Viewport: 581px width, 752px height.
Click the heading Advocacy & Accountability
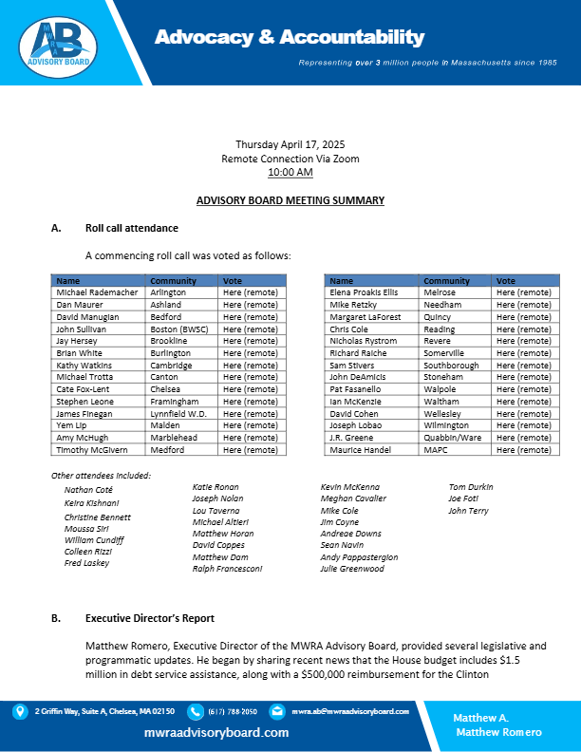pos(290,38)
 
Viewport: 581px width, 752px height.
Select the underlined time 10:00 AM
pos(290,173)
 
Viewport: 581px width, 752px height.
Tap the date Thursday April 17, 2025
pos(290,144)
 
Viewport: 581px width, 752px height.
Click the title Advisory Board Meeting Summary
pos(290,200)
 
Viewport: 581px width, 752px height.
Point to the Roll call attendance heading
pos(131,229)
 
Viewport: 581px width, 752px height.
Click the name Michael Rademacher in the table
pos(97,292)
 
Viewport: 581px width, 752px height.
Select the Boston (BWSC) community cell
pos(181,329)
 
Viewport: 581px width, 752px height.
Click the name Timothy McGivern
pos(93,450)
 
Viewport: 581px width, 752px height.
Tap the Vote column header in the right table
pos(506,281)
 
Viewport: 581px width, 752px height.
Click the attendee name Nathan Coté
pos(88,489)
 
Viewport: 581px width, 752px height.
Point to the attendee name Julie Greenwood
pos(352,569)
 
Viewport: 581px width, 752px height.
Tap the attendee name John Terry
pos(469,511)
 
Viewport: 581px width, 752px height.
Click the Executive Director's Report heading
pos(149,618)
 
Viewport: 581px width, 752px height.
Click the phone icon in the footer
pos(196,711)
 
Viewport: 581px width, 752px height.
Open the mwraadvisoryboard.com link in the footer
pos(216,733)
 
